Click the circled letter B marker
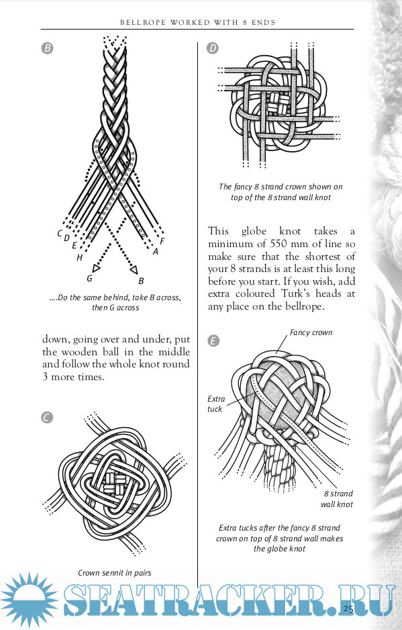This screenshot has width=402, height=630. [48, 48]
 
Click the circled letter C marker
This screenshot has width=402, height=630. [47, 418]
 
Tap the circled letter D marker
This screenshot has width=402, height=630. [213, 48]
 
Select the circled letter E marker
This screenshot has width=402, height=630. [213, 341]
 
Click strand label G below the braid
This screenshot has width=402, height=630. [89, 278]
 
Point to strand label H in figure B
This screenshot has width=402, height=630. [79, 257]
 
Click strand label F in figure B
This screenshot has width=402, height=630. [162, 242]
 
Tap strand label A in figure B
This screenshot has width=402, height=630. [156, 252]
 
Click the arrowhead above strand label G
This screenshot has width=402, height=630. [96, 267]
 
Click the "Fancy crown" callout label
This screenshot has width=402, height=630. [311, 332]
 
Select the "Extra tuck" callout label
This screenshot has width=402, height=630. [215, 404]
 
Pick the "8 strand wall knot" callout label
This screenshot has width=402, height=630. [337, 499]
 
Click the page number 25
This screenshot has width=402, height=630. [348, 609]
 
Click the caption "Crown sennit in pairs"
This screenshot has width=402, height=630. [115, 573]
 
